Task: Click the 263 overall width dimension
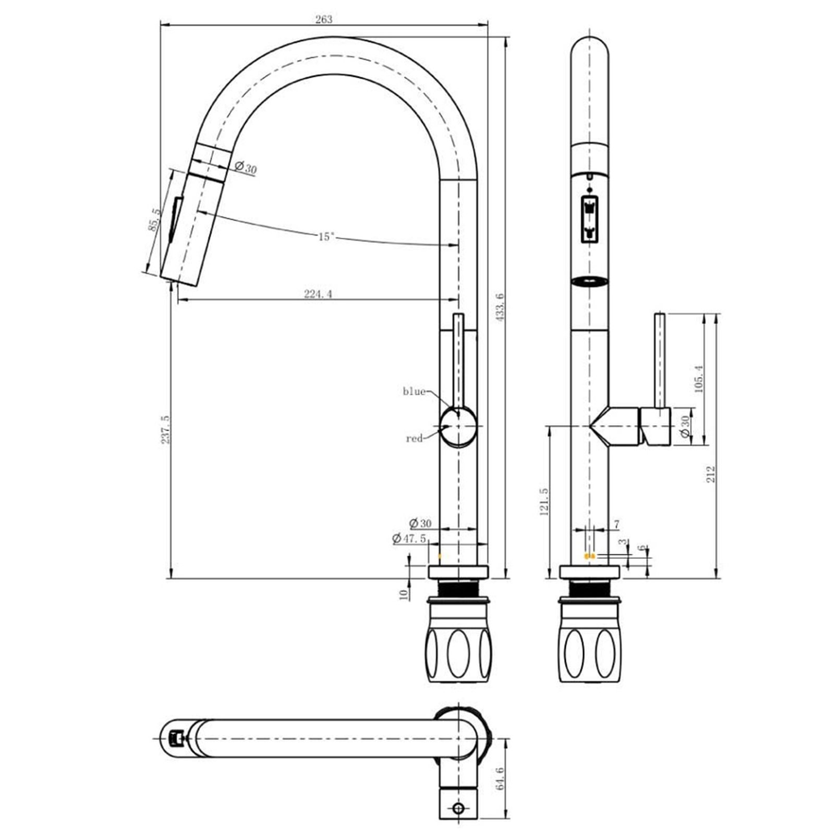[323, 19]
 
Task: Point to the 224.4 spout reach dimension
[318, 294]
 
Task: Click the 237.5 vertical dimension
[165, 429]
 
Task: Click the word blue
[414, 392]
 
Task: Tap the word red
[414, 439]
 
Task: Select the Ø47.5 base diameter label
[409, 538]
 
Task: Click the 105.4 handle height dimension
[699, 379]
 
